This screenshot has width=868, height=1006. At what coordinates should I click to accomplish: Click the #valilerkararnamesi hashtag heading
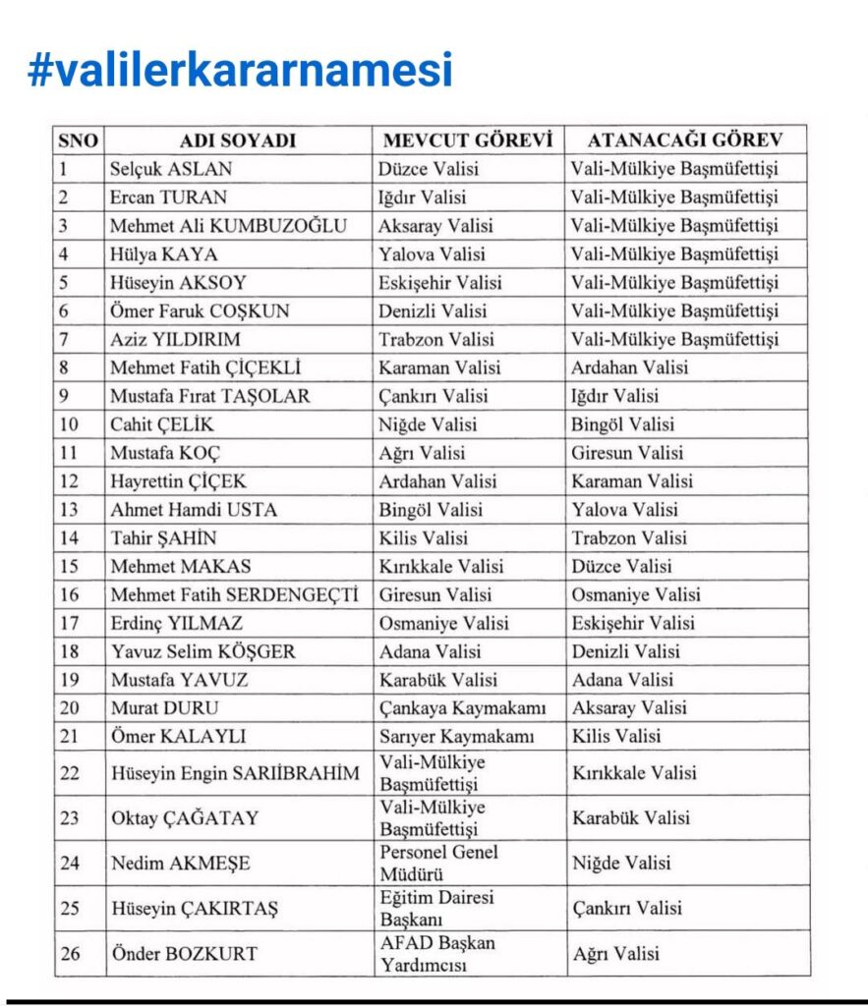coord(241,70)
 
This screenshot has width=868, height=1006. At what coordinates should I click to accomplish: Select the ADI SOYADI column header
coord(238,140)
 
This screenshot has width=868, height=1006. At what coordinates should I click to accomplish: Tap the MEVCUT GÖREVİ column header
coord(468,140)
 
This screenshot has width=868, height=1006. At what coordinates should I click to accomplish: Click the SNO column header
coord(80,140)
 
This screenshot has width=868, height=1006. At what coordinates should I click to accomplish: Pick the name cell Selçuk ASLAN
coord(171,169)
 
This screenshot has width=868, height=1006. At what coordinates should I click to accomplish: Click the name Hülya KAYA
coord(163,254)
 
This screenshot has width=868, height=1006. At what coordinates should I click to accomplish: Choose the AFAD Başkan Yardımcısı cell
coord(437,953)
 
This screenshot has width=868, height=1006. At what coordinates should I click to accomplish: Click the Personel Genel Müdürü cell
coord(438,863)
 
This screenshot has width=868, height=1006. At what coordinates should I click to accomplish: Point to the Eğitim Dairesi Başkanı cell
coord(436,908)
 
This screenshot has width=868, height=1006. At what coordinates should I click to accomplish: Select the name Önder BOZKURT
coord(184,954)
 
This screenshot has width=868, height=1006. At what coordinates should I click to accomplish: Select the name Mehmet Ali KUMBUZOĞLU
coord(228,226)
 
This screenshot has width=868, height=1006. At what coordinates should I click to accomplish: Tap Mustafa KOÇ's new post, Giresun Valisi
coord(628,453)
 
